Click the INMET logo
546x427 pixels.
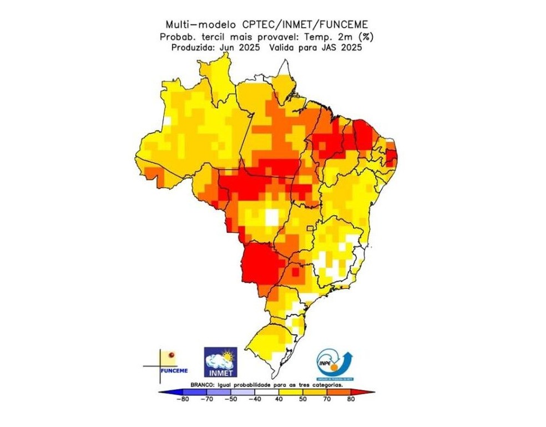tap(220, 362)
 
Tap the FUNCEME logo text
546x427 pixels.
tap(174, 370)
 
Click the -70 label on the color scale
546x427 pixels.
tap(206, 398)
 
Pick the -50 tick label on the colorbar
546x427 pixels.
tap(231, 398)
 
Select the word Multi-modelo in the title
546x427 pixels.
tap(203, 24)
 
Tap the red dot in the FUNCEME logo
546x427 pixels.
tap(171, 354)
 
